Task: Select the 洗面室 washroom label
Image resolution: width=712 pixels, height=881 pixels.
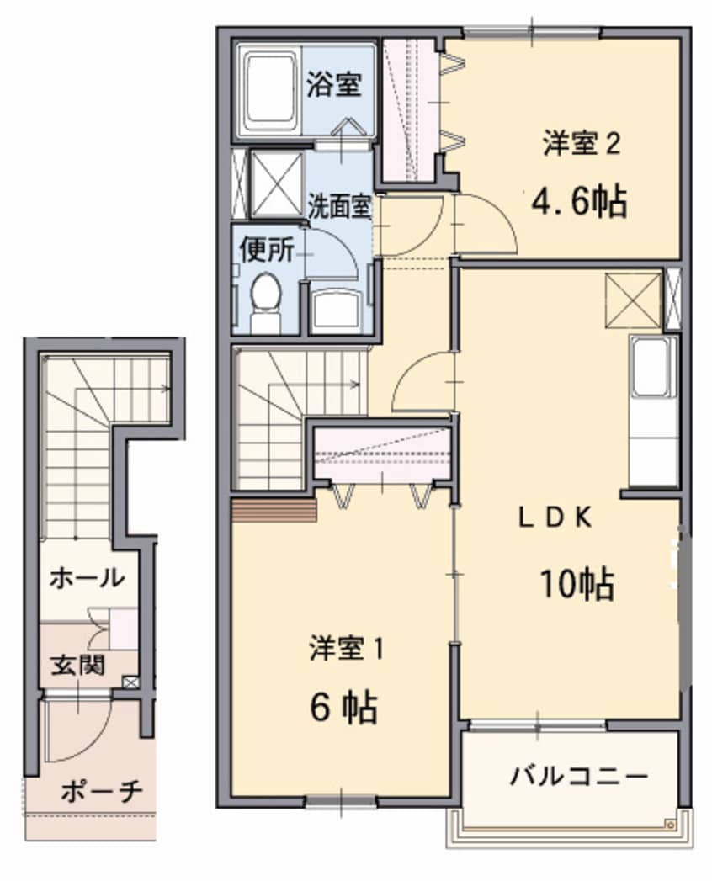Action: pos(339,207)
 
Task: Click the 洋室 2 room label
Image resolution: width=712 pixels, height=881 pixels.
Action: pos(582,145)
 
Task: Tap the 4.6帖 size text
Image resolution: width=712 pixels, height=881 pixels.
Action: pos(579,201)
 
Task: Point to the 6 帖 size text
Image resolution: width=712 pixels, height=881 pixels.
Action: pos(343,709)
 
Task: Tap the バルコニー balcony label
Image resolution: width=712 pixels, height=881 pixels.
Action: pos(578,775)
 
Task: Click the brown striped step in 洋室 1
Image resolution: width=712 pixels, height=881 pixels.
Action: pos(273,509)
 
